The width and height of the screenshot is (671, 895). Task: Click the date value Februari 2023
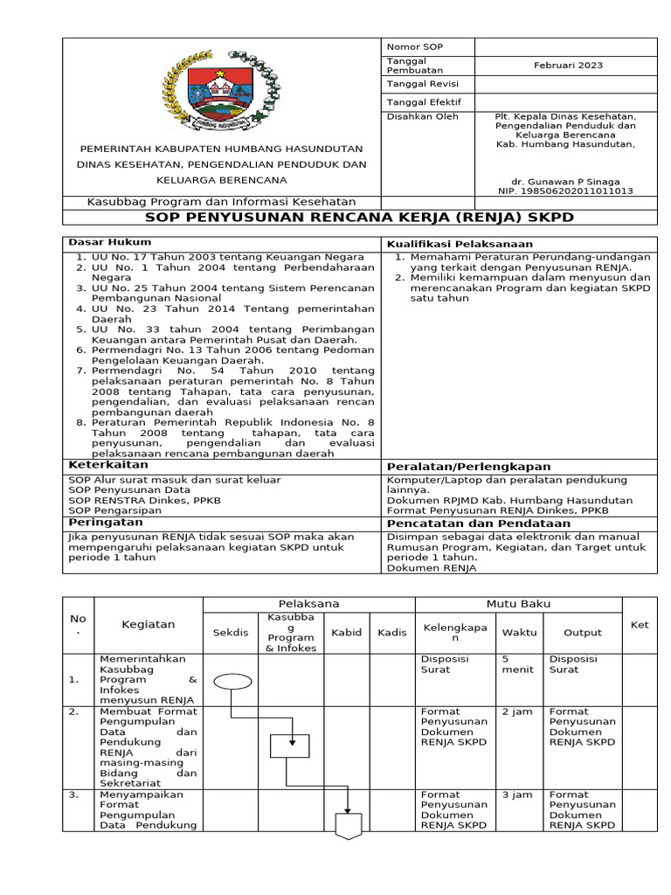click(x=569, y=66)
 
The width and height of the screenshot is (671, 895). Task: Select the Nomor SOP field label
click(x=409, y=45)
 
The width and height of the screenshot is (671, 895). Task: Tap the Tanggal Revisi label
click(x=416, y=84)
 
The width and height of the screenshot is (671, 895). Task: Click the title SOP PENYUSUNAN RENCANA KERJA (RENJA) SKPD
click(x=359, y=217)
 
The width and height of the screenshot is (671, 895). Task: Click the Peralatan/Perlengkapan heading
click(x=469, y=467)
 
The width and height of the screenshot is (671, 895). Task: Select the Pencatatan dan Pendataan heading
click(x=468, y=522)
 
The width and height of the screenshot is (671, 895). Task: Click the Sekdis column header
click(x=231, y=632)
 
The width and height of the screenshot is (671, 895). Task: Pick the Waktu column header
click(x=519, y=632)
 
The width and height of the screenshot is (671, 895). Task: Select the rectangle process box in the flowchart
click(x=289, y=746)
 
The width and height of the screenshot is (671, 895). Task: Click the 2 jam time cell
click(x=516, y=711)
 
